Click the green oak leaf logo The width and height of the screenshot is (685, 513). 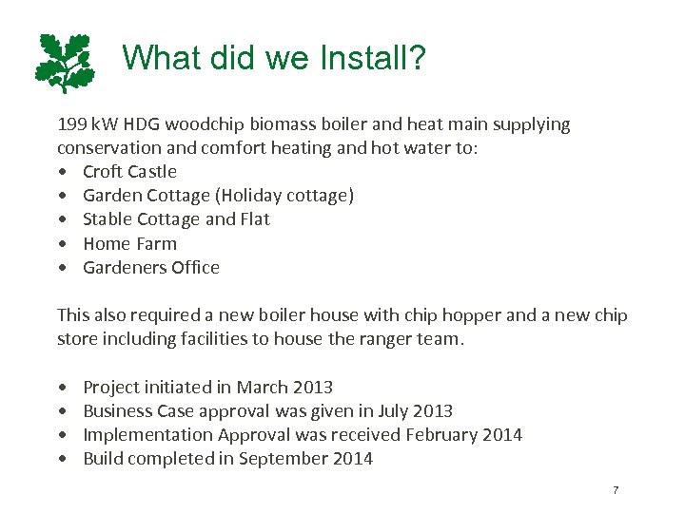65,63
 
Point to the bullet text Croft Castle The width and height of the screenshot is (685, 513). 129,172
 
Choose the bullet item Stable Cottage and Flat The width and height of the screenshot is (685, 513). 176,219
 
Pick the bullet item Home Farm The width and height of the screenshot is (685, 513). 129,244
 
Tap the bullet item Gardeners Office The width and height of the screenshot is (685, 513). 151,268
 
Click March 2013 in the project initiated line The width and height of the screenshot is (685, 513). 284,388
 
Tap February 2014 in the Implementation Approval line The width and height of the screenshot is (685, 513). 463,435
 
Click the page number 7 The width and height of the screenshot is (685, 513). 616,490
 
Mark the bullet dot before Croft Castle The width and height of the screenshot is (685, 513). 62,173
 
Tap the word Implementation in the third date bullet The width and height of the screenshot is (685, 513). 148,435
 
